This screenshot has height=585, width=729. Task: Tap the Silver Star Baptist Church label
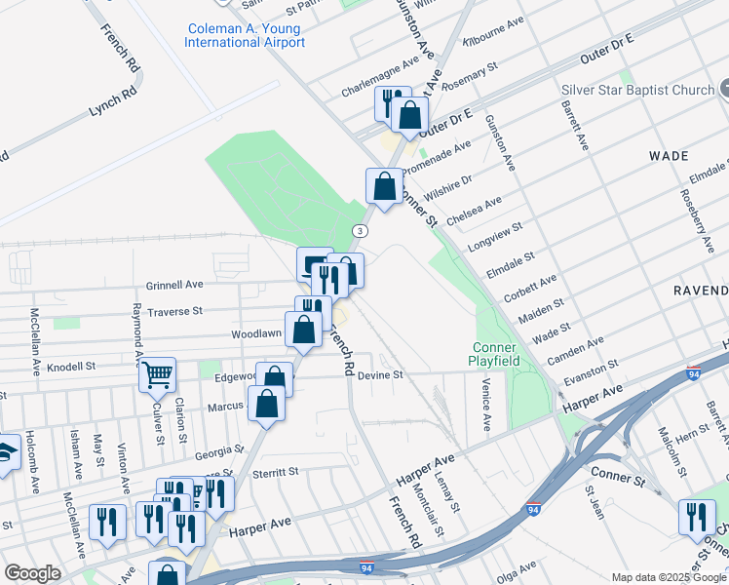637,91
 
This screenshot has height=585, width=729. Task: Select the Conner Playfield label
496,354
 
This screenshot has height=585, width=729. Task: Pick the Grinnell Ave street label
174,285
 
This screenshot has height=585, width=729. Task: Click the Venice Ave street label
484,405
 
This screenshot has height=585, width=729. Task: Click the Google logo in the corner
32,573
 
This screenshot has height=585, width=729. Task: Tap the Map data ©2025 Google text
669,577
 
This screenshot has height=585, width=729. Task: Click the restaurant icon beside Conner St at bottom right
697,516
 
